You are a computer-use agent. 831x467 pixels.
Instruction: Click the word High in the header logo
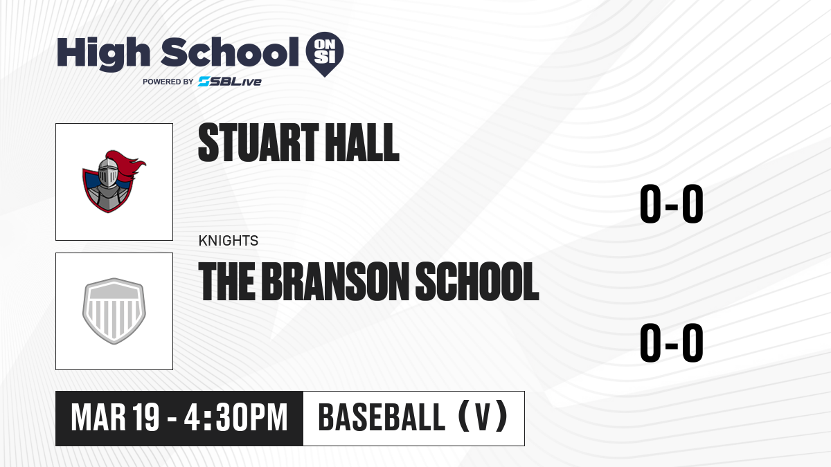point(104,53)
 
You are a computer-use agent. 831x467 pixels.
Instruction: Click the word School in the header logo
point(230,52)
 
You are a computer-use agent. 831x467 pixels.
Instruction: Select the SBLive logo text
point(230,82)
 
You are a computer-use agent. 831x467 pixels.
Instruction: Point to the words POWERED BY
point(168,82)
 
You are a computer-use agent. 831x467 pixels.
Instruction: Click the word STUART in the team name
point(258,143)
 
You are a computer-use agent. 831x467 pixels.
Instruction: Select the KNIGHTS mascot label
point(228,241)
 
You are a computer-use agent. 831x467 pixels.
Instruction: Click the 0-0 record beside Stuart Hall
point(672,204)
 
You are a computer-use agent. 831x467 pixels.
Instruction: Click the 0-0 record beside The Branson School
point(672,342)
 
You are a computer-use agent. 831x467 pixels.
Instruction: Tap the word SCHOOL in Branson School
point(477,282)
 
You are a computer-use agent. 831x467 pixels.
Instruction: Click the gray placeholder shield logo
point(114,311)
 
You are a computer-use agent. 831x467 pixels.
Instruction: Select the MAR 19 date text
point(115,418)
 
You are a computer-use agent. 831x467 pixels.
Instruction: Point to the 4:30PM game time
point(236,418)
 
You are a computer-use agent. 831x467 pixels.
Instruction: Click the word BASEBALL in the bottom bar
point(382,417)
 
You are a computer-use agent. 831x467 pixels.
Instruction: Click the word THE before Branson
point(227,282)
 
